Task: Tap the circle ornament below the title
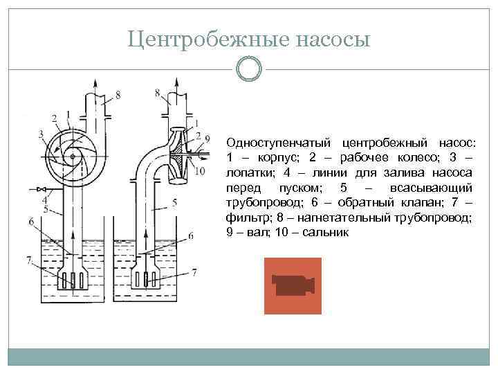(x=248, y=69)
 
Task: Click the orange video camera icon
(x=293, y=285)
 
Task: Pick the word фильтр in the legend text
(x=245, y=218)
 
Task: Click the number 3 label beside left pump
(x=41, y=134)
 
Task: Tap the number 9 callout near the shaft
(x=207, y=140)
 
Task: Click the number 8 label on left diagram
(x=118, y=94)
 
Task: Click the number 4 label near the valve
(x=44, y=199)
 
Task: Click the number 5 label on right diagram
(x=174, y=202)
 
